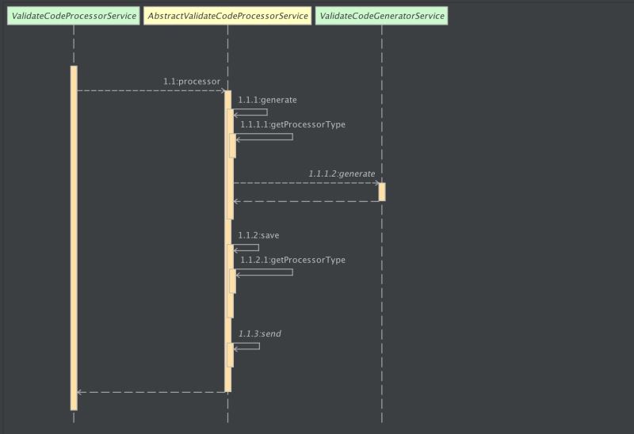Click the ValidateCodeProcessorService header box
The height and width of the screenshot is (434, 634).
[74, 15]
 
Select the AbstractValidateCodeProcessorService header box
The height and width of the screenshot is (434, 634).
[227, 15]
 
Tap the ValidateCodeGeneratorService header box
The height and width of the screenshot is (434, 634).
[381, 15]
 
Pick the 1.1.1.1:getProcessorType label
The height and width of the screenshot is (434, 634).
[292, 124]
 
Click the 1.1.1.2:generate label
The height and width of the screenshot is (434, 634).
[342, 173]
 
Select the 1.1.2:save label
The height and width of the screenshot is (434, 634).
[258, 235]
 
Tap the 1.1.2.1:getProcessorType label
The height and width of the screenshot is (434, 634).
[292, 260]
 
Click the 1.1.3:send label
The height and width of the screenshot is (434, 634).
[260, 333]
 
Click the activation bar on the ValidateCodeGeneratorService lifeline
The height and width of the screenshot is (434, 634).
[382, 192]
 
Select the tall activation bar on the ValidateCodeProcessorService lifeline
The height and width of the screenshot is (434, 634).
[74, 238]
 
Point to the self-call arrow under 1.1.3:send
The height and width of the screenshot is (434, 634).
[247, 347]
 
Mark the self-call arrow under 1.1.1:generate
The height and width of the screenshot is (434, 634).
[251, 113]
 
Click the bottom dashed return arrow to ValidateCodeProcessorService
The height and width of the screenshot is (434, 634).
[151, 391]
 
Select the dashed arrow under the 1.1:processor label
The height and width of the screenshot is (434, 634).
[151, 90]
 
